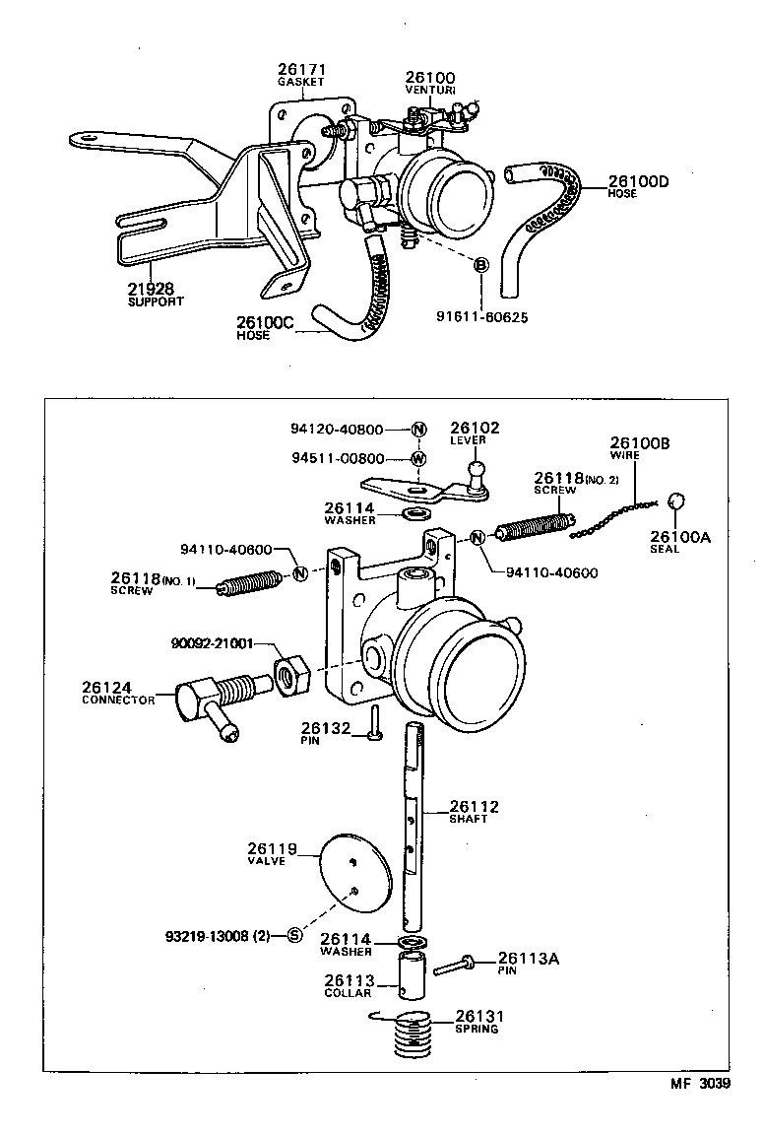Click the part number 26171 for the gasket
coord(300,70)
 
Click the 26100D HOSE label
coord(638,185)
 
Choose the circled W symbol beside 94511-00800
coord(418,458)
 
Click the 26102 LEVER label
coord(475,433)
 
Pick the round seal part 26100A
coord(676,501)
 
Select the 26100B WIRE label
coord(639,448)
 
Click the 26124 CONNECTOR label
coord(118,693)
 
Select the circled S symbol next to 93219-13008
coord(293,934)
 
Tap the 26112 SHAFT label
coord(474,811)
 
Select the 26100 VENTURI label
coord(431,82)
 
